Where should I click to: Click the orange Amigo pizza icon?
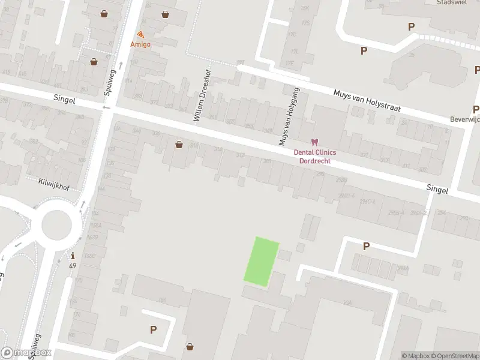tap(140, 35)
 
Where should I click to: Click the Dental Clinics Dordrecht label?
tap(314, 157)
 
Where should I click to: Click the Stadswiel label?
tap(453, 2)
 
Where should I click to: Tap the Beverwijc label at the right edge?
tap(465, 120)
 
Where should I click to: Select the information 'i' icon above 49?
tap(73, 256)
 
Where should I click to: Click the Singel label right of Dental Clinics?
tap(437, 189)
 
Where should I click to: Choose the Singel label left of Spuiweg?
tap(64, 101)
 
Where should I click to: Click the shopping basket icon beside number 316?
tap(179, 145)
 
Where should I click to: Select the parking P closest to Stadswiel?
tap(411, 26)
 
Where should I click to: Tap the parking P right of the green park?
tap(366, 246)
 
